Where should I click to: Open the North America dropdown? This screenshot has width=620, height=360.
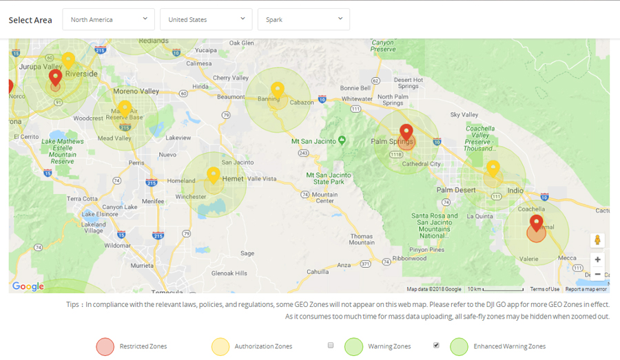(x=108, y=19)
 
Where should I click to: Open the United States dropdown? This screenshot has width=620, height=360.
(x=206, y=19)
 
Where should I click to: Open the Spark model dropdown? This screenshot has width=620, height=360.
(x=303, y=19)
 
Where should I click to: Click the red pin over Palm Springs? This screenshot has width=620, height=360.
(x=406, y=131)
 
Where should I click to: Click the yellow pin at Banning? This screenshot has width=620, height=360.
(x=277, y=89)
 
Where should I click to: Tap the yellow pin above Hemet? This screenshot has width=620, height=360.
(x=214, y=175)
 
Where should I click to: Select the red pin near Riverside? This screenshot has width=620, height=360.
(x=56, y=77)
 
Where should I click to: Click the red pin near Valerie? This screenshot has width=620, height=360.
(x=536, y=222)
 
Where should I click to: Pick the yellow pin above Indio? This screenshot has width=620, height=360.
(x=493, y=168)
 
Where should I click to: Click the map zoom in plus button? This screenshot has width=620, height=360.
(x=597, y=260)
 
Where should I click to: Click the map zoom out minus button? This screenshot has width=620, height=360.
(x=597, y=274)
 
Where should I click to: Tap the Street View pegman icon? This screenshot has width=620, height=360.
(x=597, y=240)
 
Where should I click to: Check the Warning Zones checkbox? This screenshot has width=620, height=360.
(x=331, y=345)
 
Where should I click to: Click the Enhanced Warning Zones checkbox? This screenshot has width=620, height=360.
(x=436, y=345)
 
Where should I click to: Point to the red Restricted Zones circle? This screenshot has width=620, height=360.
(x=105, y=346)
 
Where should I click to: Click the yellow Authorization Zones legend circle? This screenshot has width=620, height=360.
(x=220, y=346)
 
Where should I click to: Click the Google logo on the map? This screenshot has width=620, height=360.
(x=28, y=286)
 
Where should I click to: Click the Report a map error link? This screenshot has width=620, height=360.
(x=586, y=289)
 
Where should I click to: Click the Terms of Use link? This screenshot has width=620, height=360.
(x=544, y=289)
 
